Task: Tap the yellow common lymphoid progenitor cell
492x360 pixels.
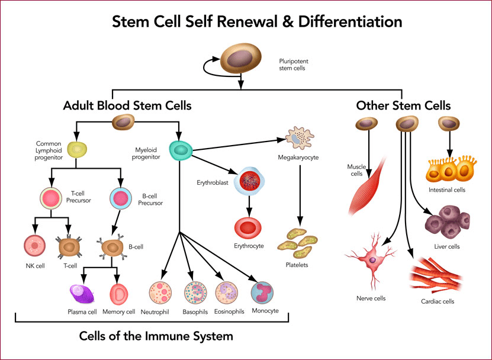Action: coord(78,150)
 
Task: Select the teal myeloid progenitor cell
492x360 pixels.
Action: coord(180,150)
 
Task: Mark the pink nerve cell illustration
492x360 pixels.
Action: coord(372,261)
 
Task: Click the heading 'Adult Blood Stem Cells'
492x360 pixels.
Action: coord(127,107)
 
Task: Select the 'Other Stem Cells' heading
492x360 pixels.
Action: coord(403,107)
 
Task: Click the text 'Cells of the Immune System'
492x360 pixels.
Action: coord(156,336)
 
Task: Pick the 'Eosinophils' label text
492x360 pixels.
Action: coord(228,311)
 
